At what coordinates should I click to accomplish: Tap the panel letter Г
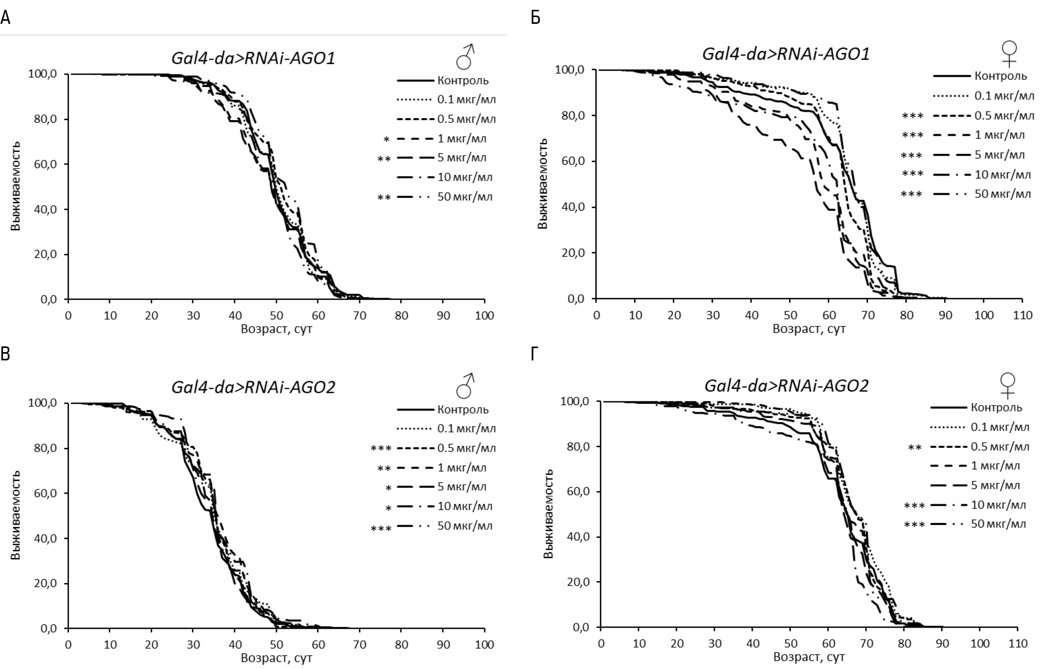[x=536, y=354]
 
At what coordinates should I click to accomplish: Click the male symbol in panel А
[x=465, y=57]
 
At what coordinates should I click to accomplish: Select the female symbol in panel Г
[x=1007, y=386]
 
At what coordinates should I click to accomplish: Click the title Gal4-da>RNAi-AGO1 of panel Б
[x=785, y=54]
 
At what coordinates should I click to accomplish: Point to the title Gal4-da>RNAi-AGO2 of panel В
[x=253, y=387]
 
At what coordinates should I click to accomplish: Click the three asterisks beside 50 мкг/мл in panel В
[x=381, y=529]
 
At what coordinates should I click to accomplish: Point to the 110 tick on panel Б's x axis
[x=1022, y=315]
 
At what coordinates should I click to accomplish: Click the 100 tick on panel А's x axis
[x=484, y=315]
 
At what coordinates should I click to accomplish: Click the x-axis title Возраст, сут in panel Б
[x=809, y=329]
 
